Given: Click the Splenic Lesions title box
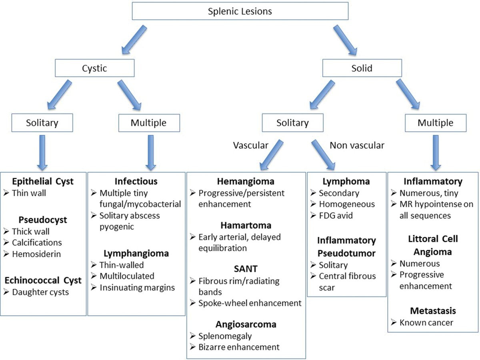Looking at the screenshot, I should [240, 11].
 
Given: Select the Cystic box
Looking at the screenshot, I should [95, 68].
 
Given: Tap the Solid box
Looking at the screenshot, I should [362, 68].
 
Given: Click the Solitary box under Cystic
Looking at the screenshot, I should [42, 123].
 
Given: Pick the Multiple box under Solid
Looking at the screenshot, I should [436, 123].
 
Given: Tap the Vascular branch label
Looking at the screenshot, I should [251, 146].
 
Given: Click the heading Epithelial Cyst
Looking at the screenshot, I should [42, 182].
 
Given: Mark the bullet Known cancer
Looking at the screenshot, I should [426, 322].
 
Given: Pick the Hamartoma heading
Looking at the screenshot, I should [246, 225].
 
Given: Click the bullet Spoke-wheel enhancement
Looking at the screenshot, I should [250, 303].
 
